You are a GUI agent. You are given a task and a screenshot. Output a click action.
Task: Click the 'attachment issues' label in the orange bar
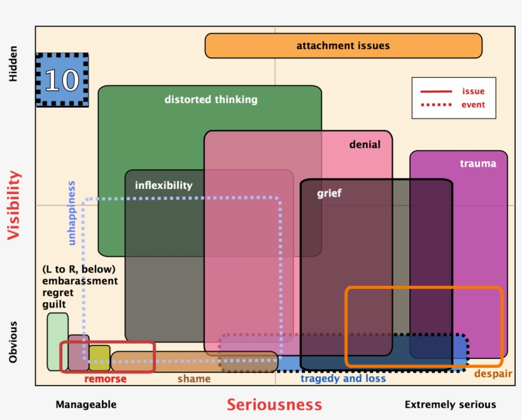point(343,46)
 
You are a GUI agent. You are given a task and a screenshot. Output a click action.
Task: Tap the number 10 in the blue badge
point(62,80)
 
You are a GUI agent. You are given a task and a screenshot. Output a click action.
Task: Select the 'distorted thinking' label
point(211,99)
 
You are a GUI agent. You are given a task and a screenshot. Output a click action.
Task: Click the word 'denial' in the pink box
point(365,144)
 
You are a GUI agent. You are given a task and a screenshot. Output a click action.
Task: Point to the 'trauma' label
point(477,164)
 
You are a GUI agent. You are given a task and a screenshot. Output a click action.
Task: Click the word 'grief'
point(329,193)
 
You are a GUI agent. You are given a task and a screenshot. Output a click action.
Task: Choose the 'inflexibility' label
point(164,185)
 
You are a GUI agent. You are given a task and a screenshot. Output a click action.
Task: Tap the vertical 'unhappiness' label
point(71,213)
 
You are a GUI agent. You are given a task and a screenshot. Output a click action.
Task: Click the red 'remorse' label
point(106,379)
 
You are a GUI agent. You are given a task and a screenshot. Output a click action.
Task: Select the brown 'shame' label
point(194,379)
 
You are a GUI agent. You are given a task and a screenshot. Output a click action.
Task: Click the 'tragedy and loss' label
point(343,379)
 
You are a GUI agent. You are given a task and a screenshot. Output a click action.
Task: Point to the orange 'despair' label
point(493,374)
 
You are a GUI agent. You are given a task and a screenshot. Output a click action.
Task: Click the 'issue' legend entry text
point(473,92)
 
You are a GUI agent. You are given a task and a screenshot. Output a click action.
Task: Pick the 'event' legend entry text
point(473,105)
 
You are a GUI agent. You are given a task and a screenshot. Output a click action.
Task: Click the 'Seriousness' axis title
point(274,405)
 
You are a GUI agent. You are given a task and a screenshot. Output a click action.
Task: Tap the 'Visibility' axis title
point(14,206)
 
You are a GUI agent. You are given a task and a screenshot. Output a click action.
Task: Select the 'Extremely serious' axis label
point(450,405)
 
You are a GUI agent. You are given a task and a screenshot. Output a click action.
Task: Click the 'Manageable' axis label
point(86,405)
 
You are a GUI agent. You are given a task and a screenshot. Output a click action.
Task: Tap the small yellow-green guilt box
point(99,358)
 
